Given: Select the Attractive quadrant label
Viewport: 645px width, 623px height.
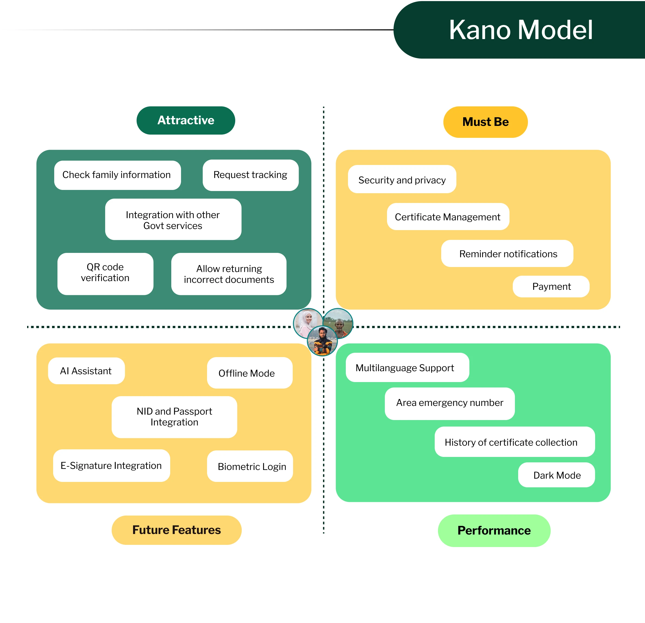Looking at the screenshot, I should tap(186, 120).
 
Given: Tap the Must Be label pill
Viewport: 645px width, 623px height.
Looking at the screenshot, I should tap(485, 122).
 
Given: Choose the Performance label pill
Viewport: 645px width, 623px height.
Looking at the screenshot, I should tap(494, 531).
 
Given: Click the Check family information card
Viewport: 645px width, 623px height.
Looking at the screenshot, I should tap(117, 175).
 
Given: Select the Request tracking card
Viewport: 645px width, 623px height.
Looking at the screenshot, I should tap(250, 175).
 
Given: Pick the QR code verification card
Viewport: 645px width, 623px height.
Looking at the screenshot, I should tap(105, 274).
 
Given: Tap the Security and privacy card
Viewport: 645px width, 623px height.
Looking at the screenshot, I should tap(402, 180).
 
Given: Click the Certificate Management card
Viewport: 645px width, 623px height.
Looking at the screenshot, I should tap(448, 217).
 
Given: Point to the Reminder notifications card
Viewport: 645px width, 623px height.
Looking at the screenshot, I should tap(507, 254).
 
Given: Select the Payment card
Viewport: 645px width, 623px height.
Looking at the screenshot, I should tap(551, 287).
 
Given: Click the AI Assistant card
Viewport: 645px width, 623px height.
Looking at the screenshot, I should tap(86, 371).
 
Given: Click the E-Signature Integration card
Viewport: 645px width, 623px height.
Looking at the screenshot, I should tap(111, 466).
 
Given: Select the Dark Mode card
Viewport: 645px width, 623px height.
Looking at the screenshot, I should tap(556, 475).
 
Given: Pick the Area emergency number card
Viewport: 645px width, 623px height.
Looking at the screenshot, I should tap(450, 403).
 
